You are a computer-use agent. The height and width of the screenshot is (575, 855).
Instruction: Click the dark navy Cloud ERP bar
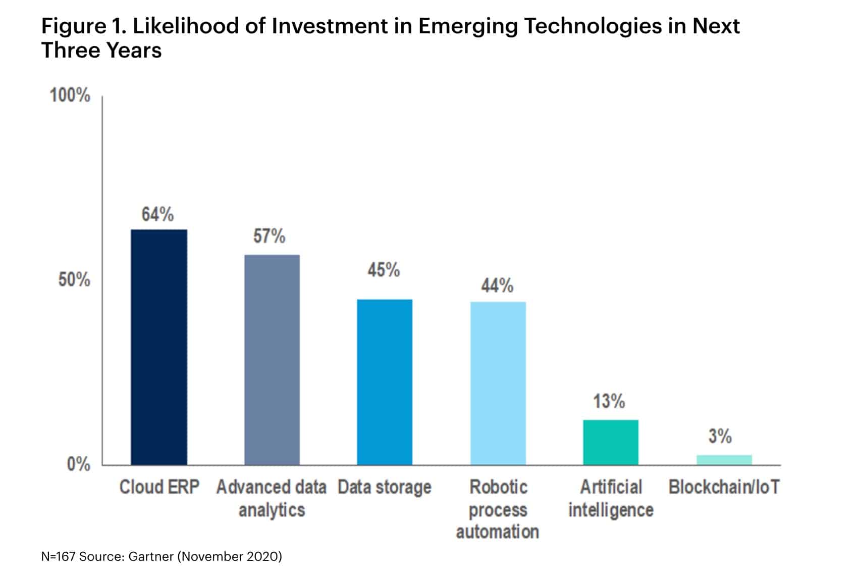point(159,347)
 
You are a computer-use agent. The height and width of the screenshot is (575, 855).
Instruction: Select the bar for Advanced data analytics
point(272,360)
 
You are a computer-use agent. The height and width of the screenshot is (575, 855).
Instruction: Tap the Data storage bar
point(385,382)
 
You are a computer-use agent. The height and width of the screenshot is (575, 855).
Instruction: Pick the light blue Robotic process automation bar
point(498,383)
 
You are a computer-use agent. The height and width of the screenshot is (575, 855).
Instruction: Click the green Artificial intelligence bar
point(611,442)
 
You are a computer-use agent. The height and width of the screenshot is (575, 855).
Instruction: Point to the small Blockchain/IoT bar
point(724,460)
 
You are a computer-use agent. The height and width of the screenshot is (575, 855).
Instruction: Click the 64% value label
point(157,215)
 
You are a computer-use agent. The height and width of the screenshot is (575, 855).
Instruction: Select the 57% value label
point(270,236)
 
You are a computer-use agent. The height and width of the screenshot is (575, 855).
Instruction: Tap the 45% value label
point(384,270)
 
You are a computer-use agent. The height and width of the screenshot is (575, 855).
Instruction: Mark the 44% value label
point(497,286)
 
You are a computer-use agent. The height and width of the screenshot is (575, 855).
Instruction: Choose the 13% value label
point(609,402)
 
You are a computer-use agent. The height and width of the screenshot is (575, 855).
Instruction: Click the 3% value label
point(720,436)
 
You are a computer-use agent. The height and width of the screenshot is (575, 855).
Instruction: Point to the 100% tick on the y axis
point(70,95)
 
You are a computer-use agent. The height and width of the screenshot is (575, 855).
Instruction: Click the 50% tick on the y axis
point(74,279)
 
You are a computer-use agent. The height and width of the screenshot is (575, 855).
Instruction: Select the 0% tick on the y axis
point(78,464)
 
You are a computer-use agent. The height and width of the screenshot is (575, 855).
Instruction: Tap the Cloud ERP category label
point(159,488)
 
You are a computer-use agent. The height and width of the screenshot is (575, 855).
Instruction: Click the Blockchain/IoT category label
point(724,488)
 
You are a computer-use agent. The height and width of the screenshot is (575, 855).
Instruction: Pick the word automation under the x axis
point(498,532)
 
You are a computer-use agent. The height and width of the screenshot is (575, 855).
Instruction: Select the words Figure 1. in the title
point(83,26)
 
